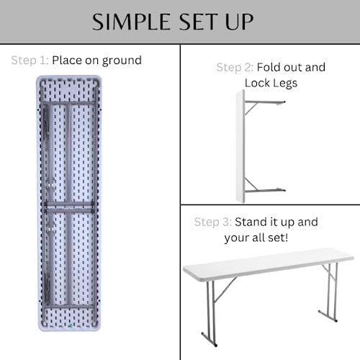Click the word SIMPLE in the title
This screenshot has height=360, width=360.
[x=134, y=22]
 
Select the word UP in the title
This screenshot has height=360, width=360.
[x=241, y=22]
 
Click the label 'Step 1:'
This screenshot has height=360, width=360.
[x=29, y=60]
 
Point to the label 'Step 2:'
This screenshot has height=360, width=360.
[x=235, y=68]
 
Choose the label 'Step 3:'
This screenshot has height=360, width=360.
[x=212, y=222]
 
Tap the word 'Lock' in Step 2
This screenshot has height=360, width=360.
[x=256, y=83]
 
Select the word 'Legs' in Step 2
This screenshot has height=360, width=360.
[x=285, y=83]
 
